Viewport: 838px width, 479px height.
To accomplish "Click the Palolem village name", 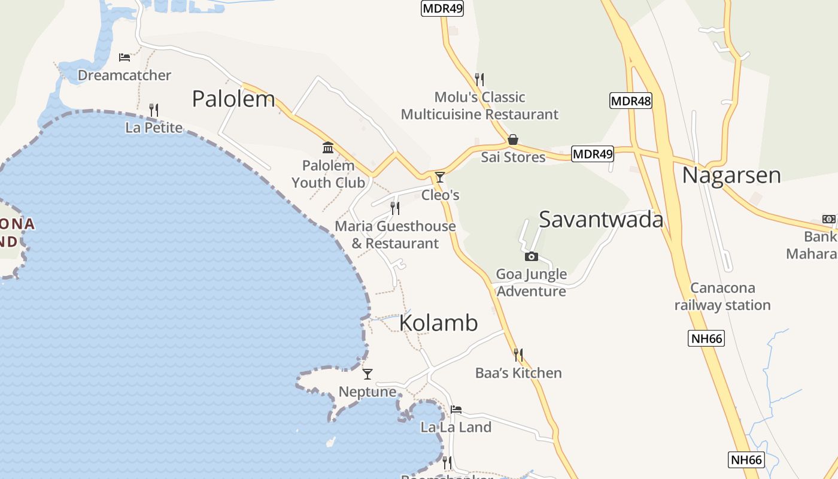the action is point(233,99).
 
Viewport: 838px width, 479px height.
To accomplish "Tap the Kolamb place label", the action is point(438,323).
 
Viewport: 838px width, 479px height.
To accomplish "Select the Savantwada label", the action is point(601,220).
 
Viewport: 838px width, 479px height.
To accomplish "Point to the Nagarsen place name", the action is point(731,175).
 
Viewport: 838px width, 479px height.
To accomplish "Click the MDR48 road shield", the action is point(631,101).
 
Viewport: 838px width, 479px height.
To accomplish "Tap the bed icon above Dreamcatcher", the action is point(125,57).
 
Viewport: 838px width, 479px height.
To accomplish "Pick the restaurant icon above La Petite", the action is point(154,110).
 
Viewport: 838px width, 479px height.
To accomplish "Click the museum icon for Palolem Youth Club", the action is point(328,147).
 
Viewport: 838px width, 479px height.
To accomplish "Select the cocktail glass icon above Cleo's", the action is point(440,177).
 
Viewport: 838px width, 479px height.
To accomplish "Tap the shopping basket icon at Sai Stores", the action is point(513,140).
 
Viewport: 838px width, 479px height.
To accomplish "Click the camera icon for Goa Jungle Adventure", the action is point(531,257).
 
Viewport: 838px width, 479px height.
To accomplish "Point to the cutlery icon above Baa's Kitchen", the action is point(518,354).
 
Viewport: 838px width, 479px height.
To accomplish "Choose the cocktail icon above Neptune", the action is point(368,374).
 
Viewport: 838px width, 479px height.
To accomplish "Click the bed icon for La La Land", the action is point(456,410).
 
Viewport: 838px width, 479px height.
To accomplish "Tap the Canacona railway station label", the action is point(722,296).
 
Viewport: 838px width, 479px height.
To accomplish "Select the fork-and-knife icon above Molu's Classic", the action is point(479,79).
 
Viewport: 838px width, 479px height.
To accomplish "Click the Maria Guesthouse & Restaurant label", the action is point(395,235).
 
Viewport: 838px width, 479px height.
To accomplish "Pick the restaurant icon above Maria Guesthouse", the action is point(395,208).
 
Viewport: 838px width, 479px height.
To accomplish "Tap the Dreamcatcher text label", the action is point(125,75).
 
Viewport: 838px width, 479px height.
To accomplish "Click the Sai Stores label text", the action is point(513,157).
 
